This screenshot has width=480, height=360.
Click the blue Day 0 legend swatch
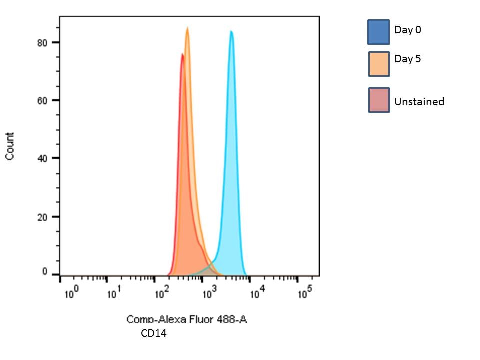point(378,32)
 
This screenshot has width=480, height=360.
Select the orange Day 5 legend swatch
point(379,64)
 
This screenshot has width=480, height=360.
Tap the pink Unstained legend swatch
point(379,100)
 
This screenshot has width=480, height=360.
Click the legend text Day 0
point(408,30)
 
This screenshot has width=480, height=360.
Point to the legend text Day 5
point(408,59)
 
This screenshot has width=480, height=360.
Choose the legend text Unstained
point(419,102)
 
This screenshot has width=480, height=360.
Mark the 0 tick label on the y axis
point(45,272)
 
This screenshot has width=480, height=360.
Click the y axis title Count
point(10,146)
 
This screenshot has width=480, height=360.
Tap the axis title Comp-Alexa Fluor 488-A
point(186,319)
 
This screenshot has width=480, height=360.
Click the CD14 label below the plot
point(154,333)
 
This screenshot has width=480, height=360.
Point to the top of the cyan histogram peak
point(231,31)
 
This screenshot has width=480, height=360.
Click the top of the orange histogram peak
point(187,28)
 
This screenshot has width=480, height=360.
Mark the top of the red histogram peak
point(182,54)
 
